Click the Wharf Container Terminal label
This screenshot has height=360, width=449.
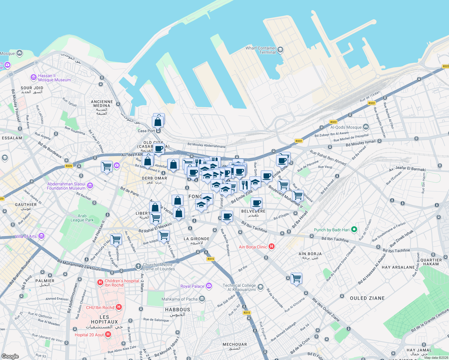[x=261, y=50]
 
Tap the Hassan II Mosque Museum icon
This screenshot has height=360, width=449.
[x=34, y=78]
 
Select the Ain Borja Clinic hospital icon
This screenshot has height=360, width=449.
[x=272, y=247]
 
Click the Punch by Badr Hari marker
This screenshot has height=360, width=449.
[x=354, y=230]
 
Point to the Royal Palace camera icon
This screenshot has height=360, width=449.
[x=209, y=286]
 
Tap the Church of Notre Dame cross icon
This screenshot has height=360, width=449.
[x=138, y=266]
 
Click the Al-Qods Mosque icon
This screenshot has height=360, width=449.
[x=366, y=127]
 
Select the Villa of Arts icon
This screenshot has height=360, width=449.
[x=42, y=236]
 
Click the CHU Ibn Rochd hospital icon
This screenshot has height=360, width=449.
[x=119, y=307]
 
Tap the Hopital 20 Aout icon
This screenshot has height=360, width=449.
[x=108, y=334]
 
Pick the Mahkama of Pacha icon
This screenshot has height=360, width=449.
[x=202, y=299]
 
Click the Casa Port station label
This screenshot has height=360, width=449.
[x=146, y=131]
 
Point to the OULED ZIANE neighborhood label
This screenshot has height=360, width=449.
[x=367, y=298]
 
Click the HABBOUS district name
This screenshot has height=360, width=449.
[x=177, y=310]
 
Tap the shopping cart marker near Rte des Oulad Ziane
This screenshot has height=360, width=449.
[x=296, y=278]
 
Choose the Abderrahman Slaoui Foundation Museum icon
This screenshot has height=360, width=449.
[x=90, y=186]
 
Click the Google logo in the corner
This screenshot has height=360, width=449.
[x=10, y=356]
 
